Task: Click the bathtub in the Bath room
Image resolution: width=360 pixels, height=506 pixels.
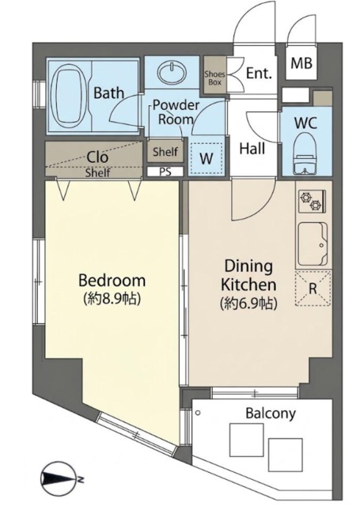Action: [70, 96]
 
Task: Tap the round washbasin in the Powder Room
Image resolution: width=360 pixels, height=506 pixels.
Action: [172, 73]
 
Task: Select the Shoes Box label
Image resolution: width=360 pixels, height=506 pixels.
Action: [214, 78]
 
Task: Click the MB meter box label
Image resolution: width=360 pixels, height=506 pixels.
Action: [301, 63]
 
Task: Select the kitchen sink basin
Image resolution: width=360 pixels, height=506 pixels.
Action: [313, 244]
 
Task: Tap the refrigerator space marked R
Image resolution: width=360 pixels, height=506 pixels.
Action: [313, 289]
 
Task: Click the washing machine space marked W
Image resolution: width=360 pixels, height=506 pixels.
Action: [207, 158]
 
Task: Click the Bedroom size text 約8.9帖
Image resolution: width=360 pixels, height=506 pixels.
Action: [112, 299]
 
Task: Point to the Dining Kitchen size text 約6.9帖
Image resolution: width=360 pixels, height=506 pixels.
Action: [248, 304]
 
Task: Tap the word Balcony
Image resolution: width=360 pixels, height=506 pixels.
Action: [271, 413]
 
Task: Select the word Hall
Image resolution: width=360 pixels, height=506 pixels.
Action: [252, 149]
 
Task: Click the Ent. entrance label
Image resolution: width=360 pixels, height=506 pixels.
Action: [259, 74]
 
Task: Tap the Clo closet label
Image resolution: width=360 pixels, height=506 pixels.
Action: [97, 157]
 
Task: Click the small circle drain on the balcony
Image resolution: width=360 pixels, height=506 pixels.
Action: [199, 413]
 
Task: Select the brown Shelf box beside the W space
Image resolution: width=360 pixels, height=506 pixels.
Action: [165, 151]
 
